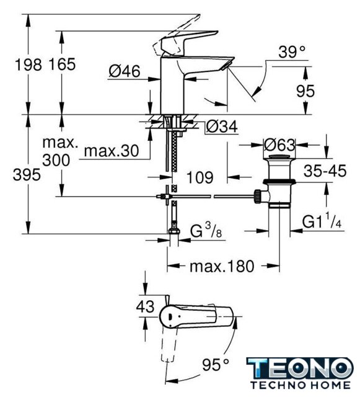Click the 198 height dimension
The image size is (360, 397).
pyautogui.click(x=28, y=65)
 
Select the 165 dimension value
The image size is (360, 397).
pyautogui.click(x=62, y=65)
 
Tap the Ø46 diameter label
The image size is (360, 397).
pyautogui.click(x=124, y=71)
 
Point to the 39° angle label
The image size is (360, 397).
pyautogui.click(x=292, y=52)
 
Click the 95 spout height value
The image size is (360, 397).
pyautogui.click(x=305, y=91)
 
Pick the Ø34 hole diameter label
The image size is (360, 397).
pyautogui.click(x=222, y=127)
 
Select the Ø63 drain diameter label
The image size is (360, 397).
pyautogui.click(x=279, y=145)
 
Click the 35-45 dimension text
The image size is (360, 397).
pyautogui.click(x=325, y=171)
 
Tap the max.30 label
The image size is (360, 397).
pyautogui.click(x=112, y=151)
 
